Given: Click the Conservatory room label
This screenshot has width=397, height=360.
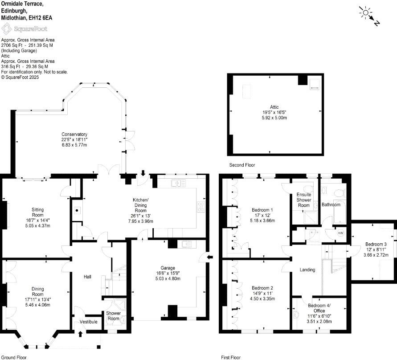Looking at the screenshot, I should tap(74, 134).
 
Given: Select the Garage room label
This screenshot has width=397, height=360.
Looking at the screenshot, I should tap(168, 268).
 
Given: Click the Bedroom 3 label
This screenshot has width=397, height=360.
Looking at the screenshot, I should tap(376, 244).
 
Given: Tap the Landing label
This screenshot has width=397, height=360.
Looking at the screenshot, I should tap(307, 270).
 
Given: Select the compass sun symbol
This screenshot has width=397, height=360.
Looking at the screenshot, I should tap(365, 13).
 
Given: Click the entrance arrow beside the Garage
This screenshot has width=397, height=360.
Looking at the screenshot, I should tap(210, 256).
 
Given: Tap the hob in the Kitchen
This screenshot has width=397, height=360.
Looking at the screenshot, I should tap(201, 206).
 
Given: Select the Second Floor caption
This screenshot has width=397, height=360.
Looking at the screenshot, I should tap(241, 165).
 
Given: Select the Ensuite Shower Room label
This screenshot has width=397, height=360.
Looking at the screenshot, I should tap(303, 200).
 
